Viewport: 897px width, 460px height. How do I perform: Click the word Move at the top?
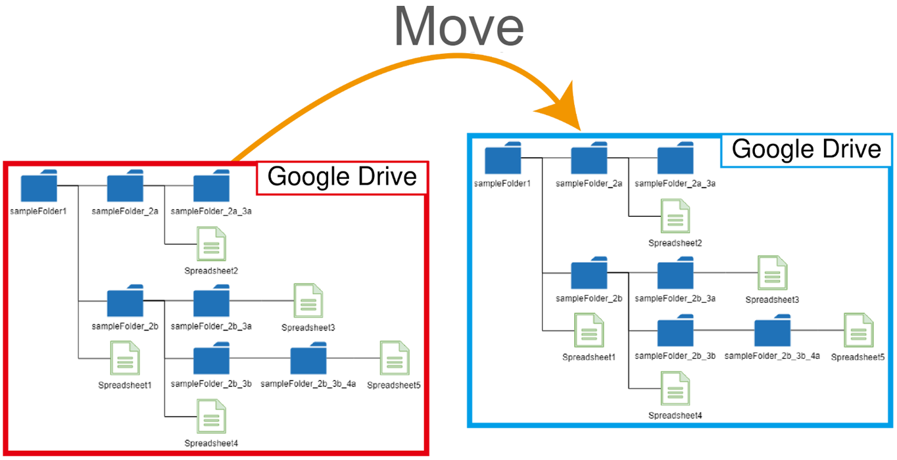pyautogui.click(x=459, y=28)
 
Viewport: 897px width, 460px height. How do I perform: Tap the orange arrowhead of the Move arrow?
pyautogui.click(x=563, y=107)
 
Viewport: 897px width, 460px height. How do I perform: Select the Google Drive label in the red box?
pyautogui.click(x=342, y=177)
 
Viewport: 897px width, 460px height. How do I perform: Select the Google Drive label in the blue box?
pyautogui.click(x=806, y=149)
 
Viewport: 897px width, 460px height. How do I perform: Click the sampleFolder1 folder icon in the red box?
pyautogui.click(x=39, y=185)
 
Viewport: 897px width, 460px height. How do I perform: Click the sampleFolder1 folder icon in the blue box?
pyautogui.click(x=503, y=158)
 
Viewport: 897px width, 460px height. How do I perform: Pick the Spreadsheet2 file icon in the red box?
pyautogui.click(x=212, y=244)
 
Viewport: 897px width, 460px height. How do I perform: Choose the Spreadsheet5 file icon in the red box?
pyautogui.click(x=395, y=358)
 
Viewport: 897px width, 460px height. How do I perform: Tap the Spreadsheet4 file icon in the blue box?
pyautogui.click(x=675, y=388)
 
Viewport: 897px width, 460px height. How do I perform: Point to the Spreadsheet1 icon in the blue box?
pyautogui.click(x=589, y=331)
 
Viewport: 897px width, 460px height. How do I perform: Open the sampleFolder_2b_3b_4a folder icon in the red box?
pyautogui.click(x=308, y=358)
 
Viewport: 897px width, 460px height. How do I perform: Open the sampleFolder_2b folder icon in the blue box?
pyautogui.click(x=589, y=273)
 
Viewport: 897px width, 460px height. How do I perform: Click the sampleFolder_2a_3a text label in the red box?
pyautogui.click(x=211, y=211)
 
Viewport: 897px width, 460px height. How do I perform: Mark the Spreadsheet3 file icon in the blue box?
pyautogui.click(x=773, y=273)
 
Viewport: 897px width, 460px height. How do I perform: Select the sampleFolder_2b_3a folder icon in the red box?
pyautogui.click(x=212, y=300)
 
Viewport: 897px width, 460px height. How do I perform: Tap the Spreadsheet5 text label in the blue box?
pyautogui.click(x=858, y=357)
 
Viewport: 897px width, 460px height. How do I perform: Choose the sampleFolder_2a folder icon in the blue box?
pyautogui.click(x=589, y=158)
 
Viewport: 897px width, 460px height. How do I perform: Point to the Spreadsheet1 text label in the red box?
pyautogui.click(x=125, y=385)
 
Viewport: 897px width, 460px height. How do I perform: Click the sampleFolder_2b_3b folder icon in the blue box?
pyautogui.click(x=675, y=331)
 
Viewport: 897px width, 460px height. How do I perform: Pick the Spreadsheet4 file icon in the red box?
pyautogui.click(x=212, y=417)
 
